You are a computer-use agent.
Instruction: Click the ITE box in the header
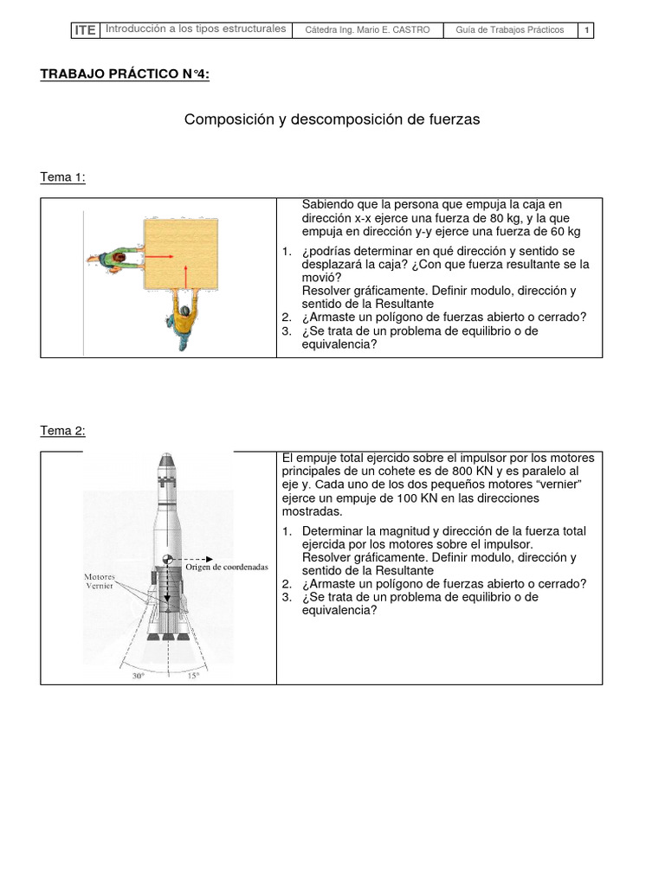coord(85,30)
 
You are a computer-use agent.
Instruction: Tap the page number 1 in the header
coord(586,30)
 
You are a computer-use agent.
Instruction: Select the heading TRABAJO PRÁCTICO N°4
coord(125,74)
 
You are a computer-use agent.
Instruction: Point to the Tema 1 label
coord(63,177)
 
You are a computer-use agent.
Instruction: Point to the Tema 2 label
coord(63,431)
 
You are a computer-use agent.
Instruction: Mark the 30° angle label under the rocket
coord(139,677)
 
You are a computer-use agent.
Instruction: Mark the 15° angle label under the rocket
coord(193,677)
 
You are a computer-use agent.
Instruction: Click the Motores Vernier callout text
coord(100,581)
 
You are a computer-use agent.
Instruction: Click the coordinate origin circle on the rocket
coord(168,560)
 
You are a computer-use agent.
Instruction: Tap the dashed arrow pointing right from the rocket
coord(194,559)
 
